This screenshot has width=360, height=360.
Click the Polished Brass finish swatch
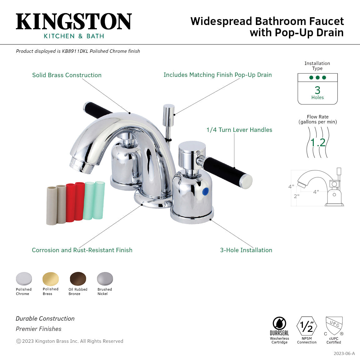(x=51, y=279)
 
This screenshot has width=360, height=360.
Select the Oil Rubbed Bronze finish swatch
(x=78, y=279)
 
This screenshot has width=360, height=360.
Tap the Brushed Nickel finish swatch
(x=105, y=279)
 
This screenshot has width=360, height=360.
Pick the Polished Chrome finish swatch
(x=24, y=279)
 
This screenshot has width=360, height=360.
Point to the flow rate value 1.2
(x=318, y=142)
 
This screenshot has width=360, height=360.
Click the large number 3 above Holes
(x=317, y=90)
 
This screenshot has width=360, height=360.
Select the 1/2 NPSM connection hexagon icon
(x=307, y=327)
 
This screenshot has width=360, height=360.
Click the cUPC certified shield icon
(x=334, y=326)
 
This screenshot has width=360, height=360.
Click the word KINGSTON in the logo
(x=74, y=22)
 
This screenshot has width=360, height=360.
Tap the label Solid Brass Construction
(x=67, y=75)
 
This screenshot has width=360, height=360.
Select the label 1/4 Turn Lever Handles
(x=239, y=130)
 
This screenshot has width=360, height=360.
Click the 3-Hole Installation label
(x=246, y=250)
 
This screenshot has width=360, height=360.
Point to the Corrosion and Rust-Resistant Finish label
(x=82, y=250)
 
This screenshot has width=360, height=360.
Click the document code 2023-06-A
(x=344, y=353)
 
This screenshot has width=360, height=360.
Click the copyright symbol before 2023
(x=18, y=341)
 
